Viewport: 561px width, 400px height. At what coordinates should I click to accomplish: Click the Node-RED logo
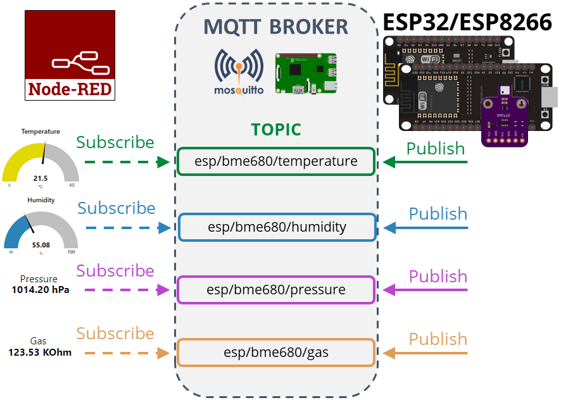(70, 56)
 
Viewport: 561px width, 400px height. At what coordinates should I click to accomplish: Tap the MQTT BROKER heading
(275, 27)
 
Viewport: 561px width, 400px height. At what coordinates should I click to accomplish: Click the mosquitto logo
(239, 72)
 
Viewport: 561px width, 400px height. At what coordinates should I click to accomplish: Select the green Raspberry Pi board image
(306, 73)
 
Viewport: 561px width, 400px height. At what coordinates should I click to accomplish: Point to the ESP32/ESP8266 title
(467, 23)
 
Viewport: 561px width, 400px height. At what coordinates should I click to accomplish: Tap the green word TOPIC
(276, 130)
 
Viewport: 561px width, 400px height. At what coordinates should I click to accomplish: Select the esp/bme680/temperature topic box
(276, 162)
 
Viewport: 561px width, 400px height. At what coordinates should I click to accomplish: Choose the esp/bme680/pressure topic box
(276, 290)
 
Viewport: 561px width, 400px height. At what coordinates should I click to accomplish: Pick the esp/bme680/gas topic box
(276, 353)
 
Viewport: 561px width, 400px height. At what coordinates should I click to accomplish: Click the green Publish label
(436, 148)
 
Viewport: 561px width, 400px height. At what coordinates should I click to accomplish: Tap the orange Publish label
(438, 339)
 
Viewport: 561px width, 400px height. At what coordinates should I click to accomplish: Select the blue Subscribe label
(117, 208)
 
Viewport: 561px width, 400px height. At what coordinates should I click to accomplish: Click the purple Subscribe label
(115, 271)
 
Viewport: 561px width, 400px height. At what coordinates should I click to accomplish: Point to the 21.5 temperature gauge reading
(41, 178)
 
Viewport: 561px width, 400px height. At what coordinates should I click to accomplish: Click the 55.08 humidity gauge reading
(41, 244)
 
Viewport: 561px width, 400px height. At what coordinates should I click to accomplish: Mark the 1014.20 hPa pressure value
(41, 290)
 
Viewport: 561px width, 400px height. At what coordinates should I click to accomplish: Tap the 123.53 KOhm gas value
(40, 353)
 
